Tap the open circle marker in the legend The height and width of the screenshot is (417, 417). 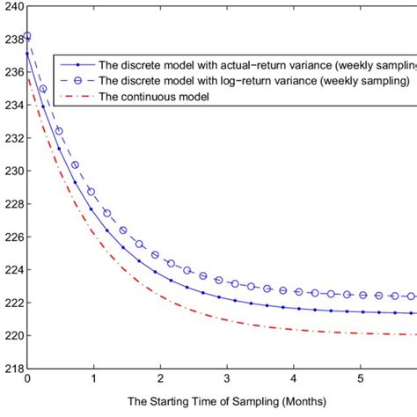tap(81, 80)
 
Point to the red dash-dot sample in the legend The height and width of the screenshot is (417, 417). tap(81, 95)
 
